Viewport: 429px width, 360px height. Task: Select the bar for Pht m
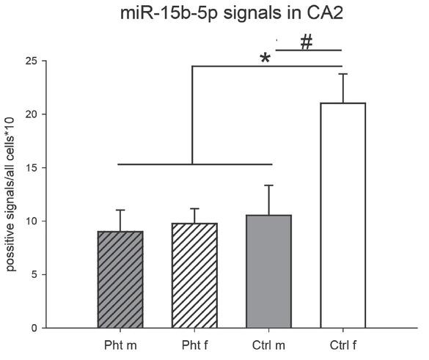pyautogui.click(x=120, y=279)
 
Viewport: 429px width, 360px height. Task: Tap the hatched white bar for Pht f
pyautogui.click(x=195, y=276)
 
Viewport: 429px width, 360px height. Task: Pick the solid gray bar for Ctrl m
pyautogui.click(x=269, y=271)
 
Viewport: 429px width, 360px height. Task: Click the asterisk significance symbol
pyautogui.click(x=265, y=59)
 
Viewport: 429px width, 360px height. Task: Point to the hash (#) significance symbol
pyautogui.click(x=307, y=43)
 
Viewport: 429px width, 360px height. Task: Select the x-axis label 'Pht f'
pyautogui.click(x=195, y=344)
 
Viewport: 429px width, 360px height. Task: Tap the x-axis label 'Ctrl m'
pyautogui.click(x=269, y=344)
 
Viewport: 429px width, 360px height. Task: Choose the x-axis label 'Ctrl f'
pyautogui.click(x=343, y=344)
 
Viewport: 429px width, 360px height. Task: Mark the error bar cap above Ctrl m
pyautogui.click(x=269, y=185)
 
